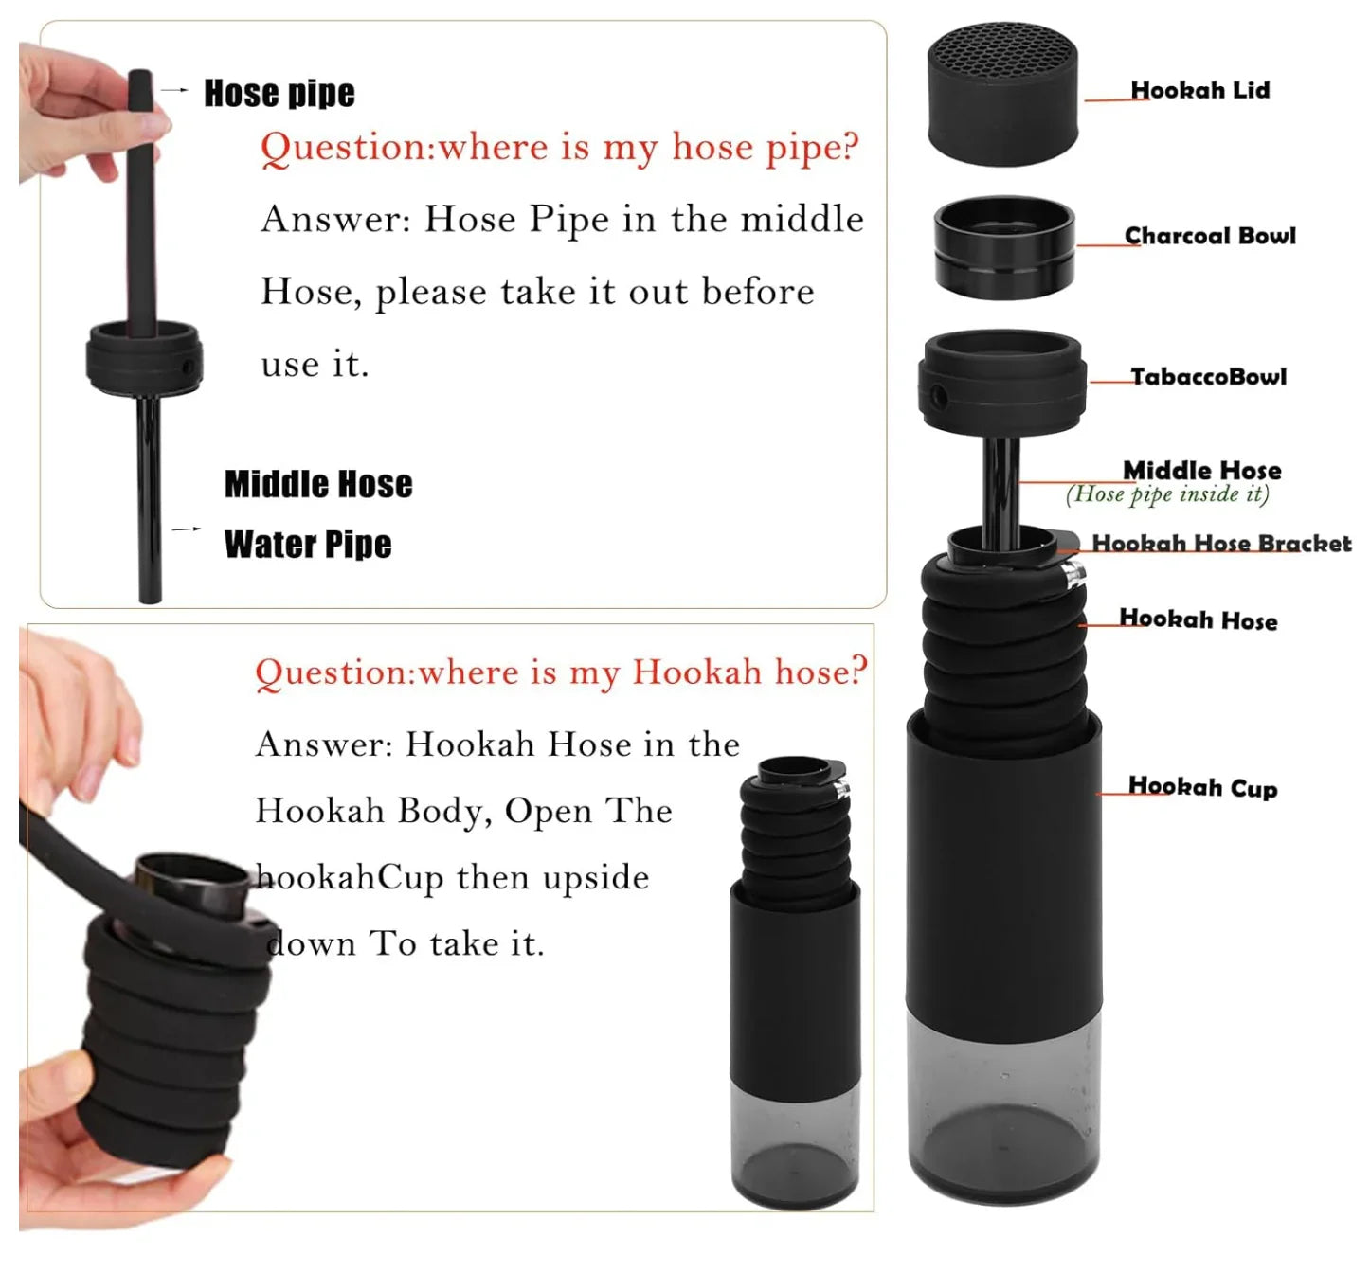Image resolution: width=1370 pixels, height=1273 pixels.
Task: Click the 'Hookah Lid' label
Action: coord(1199,90)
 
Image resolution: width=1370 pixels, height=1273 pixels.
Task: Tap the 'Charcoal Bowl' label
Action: coord(1209,236)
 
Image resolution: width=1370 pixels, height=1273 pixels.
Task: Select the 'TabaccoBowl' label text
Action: coord(1208,377)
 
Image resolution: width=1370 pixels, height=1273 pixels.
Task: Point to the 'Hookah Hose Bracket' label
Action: coord(1220,544)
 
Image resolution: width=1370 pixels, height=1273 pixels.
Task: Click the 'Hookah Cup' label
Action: coord(1201,787)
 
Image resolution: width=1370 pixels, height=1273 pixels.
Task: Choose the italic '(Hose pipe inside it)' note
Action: coord(1167,494)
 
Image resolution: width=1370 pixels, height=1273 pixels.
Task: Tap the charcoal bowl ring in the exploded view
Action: coord(1003,247)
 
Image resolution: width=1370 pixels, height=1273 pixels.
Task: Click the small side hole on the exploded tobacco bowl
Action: coord(938,395)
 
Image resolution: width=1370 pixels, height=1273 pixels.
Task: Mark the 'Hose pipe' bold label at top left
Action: coord(279,93)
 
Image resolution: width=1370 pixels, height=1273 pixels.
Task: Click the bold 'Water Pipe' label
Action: coord(308,545)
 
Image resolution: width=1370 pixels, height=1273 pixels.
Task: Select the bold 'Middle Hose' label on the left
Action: coord(318,484)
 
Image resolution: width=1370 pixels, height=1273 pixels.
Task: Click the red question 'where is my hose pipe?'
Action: coord(559,148)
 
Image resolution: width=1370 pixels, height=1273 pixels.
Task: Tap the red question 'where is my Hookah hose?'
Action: coord(561,672)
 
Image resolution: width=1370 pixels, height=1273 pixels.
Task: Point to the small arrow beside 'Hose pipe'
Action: coord(175,90)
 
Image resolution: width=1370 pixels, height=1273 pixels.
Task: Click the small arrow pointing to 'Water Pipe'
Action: coord(186,529)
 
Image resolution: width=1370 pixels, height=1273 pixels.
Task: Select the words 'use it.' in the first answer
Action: coord(315,364)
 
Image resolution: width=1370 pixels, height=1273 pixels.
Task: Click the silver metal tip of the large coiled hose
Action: coord(1074,574)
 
